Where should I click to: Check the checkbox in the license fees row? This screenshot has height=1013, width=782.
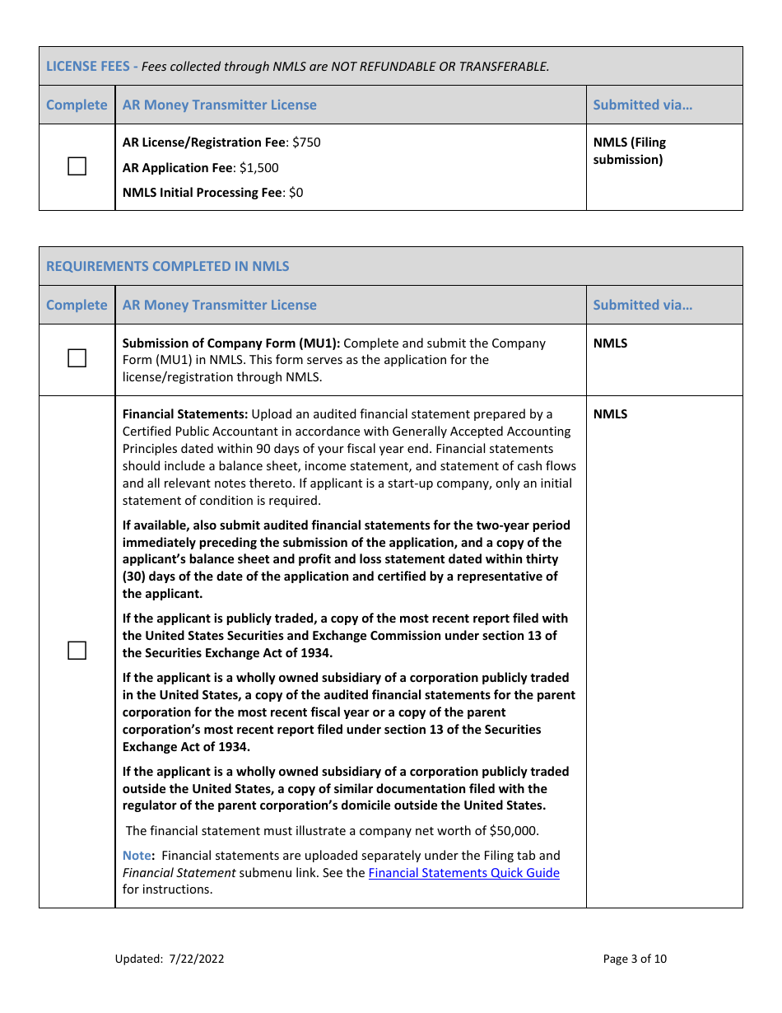click(x=77, y=167)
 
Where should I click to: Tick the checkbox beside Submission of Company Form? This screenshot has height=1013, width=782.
click(x=77, y=358)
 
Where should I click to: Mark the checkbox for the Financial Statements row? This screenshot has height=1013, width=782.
click(x=77, y=651)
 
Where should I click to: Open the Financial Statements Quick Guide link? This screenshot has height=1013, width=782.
click(x=463, y=873)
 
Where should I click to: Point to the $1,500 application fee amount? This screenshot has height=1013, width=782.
click(x=259, y=168)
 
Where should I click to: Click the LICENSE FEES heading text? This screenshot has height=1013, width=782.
click(x=87, y=66)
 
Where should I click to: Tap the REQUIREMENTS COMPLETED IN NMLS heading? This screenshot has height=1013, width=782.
click(x=168, y=266)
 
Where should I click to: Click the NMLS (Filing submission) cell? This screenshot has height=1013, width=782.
click(x=629, y=151)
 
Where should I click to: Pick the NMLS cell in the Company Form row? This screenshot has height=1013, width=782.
click(x=610, y=343)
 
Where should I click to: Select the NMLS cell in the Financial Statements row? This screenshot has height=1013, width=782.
click(x=610, y=414)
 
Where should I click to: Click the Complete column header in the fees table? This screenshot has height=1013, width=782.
click(x=77, y=105)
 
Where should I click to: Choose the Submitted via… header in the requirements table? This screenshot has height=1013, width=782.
click(x=642, y=305)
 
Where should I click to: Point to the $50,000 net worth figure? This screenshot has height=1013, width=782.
click(x=514, y=830)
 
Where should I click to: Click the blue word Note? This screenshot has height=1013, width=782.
click(x=137, y=856)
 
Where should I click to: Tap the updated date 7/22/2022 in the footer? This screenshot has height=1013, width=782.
click(x=197, y=959)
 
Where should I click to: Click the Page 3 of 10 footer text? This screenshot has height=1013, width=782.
click(x=635, y=959)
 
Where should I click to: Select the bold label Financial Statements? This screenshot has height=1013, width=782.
click(x=185, y=414)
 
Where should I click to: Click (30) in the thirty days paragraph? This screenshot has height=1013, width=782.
click(x=135, y=577)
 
